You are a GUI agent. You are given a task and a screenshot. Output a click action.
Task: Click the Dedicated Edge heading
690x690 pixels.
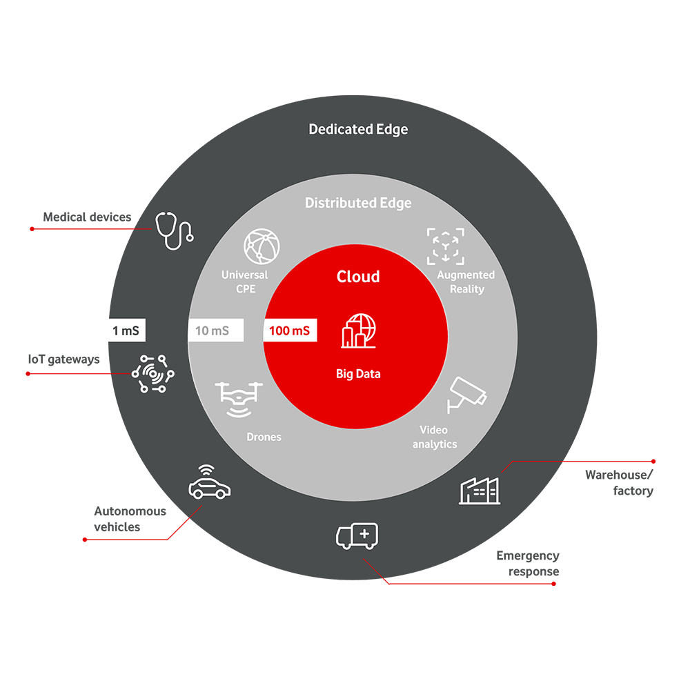click(x=358, y=129)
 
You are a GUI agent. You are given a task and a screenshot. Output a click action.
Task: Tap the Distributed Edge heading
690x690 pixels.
click(x=358, y=203)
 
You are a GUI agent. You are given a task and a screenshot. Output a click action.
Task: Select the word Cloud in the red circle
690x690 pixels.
click(x=358, y=277)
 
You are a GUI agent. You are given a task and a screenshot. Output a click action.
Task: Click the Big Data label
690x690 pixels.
click(x=358, y=374)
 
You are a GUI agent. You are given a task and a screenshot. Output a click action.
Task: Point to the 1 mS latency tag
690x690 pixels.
click(x=125, y=331)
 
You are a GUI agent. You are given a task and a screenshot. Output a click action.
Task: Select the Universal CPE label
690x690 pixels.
click(x=245, y=282)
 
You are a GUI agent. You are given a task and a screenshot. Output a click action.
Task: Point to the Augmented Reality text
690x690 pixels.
click(x=466, y=282)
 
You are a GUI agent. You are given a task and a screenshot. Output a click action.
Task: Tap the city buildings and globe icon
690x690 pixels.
click(x=358, y=331)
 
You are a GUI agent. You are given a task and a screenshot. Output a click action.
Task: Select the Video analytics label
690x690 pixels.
click(x=435, y=437)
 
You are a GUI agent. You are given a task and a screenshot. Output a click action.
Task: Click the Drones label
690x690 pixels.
click(x=264, y=437)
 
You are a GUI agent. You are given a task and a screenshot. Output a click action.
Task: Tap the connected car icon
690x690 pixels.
click(x=210, y=482)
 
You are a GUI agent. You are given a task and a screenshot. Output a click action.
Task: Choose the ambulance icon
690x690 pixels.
click(x=357, y=536)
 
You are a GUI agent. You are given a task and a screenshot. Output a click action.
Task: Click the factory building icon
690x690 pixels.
click(x=480, y=489)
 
